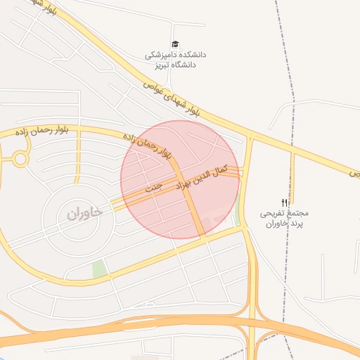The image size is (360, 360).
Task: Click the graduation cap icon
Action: pos(175,44)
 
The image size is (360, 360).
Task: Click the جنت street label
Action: pos(153,188)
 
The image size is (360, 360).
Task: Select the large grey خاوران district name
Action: pos(85,212)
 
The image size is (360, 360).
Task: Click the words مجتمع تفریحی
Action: pos(285,212)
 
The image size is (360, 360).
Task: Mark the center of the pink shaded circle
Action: pos(180,179)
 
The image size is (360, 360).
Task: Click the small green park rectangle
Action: pos(99,269)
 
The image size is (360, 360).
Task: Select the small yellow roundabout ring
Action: pos(20,159)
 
